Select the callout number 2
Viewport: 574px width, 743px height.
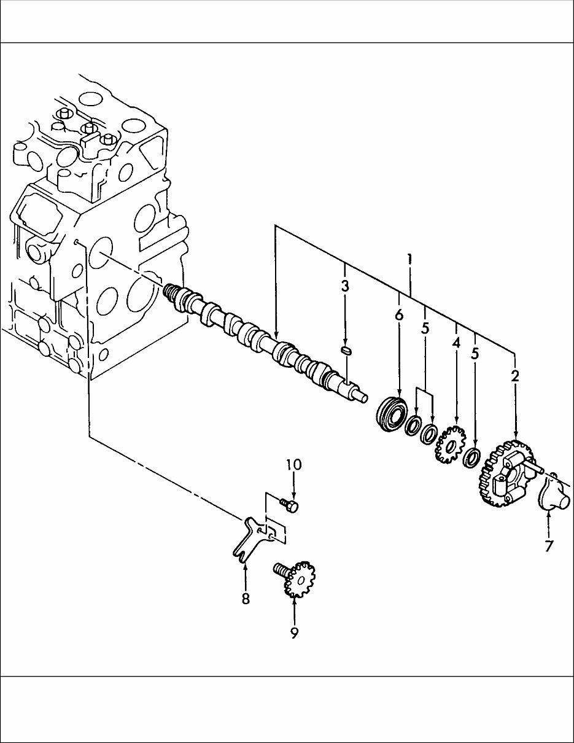(514, 375)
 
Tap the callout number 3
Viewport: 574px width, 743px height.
(345, 286)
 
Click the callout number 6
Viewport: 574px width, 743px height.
(399, 315)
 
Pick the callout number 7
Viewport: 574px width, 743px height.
(549, 545)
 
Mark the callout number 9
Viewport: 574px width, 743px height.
(294, 632)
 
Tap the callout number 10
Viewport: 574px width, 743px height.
(293, 464)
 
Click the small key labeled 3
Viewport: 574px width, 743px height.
(346, 351)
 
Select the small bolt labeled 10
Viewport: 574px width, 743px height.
(290, 505)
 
